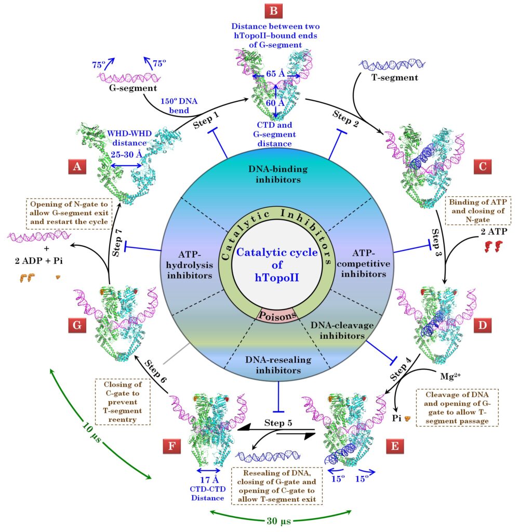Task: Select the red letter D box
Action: point(483,326)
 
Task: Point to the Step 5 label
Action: point(278,421)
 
